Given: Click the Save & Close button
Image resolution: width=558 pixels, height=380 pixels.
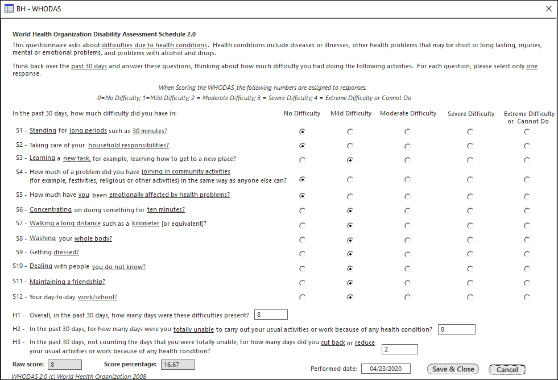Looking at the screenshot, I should pyautogui.click(x=453, y=369).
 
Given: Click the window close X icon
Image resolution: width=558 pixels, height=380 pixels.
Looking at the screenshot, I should pyautogui.click(x=548, y=9).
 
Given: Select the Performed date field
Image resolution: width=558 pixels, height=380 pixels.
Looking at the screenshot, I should pyautogui.click(x=386, y=369).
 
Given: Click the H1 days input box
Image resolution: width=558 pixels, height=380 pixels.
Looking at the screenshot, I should pyautogui.click(x=271, y=315).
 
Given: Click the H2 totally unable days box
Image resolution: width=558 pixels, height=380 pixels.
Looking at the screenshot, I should pyautogui.click(x=456, y=329).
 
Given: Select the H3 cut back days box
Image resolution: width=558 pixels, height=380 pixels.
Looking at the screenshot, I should pyautogui.click(x=399, y=349).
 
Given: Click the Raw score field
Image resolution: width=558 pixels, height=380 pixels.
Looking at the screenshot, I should pyautogui.click(x=65, y=364).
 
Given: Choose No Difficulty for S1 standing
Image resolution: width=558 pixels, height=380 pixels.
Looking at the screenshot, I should pyautogui.click(x=302, y=131).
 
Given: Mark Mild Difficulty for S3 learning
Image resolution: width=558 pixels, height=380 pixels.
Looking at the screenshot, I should pyautogui.click(x=350, y=160).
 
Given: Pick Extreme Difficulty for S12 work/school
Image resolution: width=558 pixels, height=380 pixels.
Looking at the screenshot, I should pyautogui.click(x=527, y=297).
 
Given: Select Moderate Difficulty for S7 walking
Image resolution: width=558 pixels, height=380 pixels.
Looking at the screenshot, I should pyautogui.click(x=408, y=225).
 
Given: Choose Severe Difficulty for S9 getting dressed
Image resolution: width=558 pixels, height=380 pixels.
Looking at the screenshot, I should pyautogui.click(x=470, y=254).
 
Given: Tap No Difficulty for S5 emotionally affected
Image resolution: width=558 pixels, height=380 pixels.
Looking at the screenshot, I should pyautogui.click(x=302, y=196).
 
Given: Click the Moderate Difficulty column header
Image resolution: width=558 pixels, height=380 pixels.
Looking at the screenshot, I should pyautogui.click(x=408, y=114).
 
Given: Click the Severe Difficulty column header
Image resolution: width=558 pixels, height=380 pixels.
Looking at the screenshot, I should pyautogui.click(x=470, y=114).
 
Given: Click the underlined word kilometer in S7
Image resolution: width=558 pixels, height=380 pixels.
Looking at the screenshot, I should pyautogui.click(x=146, y=224).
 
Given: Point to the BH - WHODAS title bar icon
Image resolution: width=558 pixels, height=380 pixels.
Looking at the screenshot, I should pyautogui.click(x=9, y=9).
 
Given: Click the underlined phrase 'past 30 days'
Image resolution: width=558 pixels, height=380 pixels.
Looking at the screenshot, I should pyautogui.click(x=89, y=67).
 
